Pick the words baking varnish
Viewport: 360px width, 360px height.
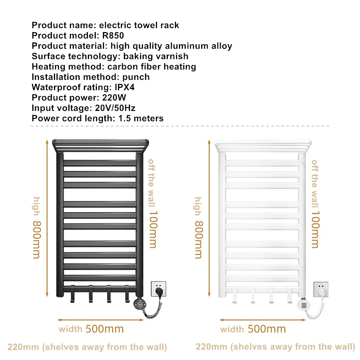156,56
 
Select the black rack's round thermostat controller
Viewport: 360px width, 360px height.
138,303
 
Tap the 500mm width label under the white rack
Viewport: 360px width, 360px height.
266,329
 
